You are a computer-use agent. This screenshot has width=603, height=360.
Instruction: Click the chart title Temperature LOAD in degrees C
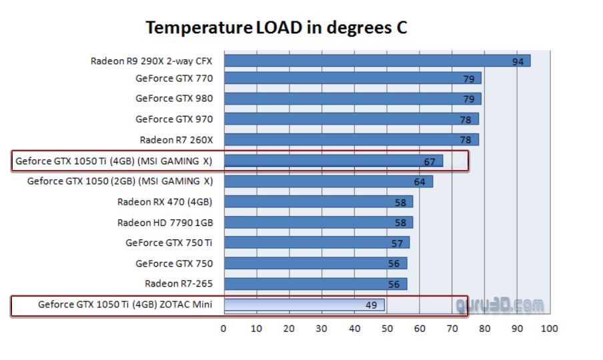point(275,28)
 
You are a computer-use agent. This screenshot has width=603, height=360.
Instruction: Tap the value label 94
point(518,62)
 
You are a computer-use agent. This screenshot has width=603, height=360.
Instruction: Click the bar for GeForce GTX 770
point(347,79)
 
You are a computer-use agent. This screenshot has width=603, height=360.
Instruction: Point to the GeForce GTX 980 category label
point(174,99)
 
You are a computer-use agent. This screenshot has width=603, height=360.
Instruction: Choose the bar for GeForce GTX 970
point(347,119)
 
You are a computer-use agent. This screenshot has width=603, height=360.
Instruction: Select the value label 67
point(430,161)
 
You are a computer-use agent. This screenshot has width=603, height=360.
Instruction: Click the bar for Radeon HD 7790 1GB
point(314,222)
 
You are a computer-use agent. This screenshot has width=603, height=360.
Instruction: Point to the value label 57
point(397,243)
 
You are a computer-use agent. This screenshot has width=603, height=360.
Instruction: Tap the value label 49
point(372,305)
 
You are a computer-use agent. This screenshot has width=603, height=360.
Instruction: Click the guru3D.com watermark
point(500,305)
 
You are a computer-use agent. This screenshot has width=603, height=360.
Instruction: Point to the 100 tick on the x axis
point(549,328)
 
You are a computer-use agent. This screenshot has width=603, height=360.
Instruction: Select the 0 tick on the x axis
point(223,328)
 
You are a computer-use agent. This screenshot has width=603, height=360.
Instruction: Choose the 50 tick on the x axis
point(387,328)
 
